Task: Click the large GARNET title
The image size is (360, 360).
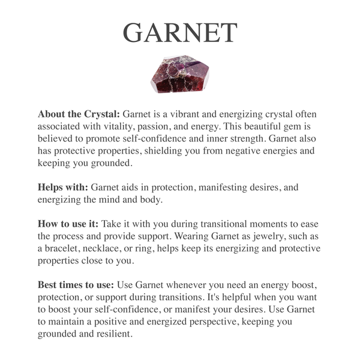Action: point(180,32)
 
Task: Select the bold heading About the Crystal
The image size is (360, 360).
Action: point(79,114)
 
